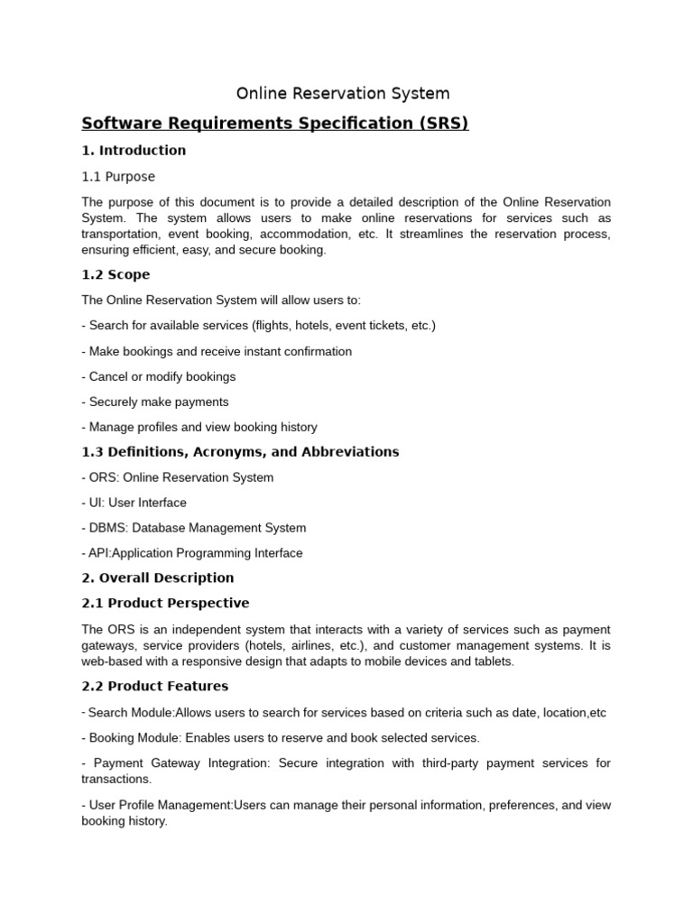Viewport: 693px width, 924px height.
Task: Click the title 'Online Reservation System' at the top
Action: point(343,94)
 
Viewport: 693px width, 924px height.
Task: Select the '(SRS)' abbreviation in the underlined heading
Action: point(444,123)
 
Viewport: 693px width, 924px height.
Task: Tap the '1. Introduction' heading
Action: point(134,151)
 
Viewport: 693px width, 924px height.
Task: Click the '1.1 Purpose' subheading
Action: point(118,177)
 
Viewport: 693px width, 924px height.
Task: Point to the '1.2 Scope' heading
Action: point(115,274)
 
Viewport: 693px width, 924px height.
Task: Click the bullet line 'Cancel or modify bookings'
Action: point(162,376)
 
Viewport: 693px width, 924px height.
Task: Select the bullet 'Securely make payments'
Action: point(158,402)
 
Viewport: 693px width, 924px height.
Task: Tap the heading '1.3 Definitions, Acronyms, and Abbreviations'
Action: point(240,451)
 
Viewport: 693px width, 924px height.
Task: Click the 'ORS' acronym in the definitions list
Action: point(101,477)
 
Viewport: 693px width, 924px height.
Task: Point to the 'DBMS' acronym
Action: point(106,528)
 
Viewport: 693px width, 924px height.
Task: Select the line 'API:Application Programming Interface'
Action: point(195,553)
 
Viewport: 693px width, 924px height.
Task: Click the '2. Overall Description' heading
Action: point(158,577)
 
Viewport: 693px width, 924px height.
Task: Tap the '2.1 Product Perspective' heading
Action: point(165,603)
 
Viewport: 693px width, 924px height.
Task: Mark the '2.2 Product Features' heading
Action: point(154,686)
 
